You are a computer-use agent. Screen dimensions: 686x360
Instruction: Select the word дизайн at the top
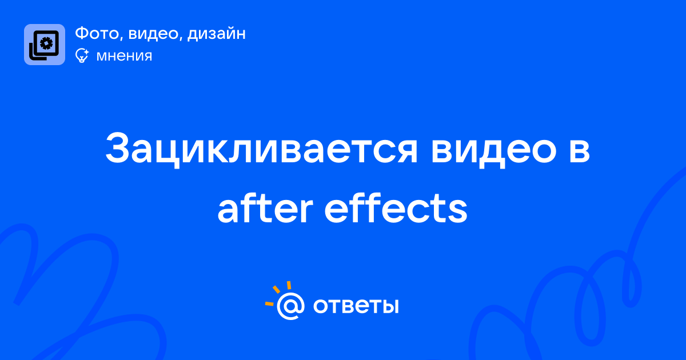(217, 34)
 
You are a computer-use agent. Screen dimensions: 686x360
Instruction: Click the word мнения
(125, 56)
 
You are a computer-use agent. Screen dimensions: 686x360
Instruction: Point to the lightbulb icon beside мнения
(82, 55)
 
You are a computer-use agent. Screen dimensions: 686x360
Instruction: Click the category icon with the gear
(45, 45)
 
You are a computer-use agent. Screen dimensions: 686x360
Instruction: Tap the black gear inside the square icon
(46, 43)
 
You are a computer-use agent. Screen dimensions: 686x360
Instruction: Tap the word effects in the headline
(396, 208)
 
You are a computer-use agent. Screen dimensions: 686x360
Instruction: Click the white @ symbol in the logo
(290, 306)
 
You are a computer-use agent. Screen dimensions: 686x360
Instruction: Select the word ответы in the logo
(356, 306)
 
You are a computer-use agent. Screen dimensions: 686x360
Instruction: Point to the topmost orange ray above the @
(289, 285)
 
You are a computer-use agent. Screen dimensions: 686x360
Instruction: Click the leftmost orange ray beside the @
(269, 303)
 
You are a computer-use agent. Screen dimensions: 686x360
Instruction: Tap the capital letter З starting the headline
(118, 148)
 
